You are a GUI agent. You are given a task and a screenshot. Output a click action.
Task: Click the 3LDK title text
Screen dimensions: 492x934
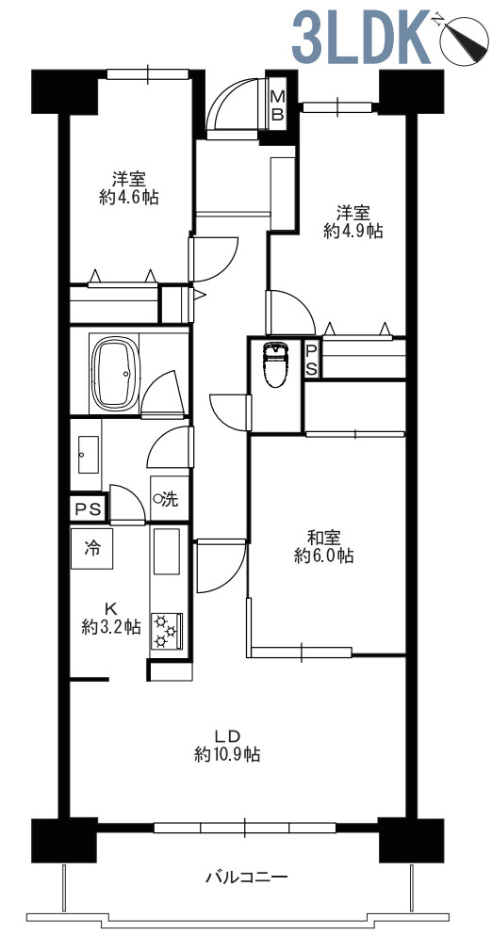tap(360, 37)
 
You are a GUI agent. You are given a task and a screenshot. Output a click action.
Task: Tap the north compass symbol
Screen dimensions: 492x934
tap(463, 39)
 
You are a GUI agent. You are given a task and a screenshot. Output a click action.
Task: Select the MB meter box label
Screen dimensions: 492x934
tap(277, 105)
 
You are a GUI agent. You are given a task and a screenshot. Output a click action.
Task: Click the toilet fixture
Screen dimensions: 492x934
tap(275, 364)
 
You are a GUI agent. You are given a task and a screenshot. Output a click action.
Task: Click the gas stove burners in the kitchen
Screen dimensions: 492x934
tap(166, 630)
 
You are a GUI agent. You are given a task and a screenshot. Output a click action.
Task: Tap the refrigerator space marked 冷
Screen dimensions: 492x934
tap(91, 548)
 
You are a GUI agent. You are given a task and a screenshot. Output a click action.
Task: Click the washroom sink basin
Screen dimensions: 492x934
tap(88, 455)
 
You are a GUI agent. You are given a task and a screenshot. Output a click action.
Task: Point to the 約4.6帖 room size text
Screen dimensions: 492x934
tap(129, 197)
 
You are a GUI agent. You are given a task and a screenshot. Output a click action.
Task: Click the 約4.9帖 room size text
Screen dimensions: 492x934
tap(353, 230)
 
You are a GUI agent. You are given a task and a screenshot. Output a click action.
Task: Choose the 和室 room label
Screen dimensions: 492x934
tap(324, 538)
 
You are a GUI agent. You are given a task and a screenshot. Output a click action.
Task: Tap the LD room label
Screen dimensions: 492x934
tap(226, 735)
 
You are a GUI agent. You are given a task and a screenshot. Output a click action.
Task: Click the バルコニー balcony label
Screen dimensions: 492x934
tap(247, 877)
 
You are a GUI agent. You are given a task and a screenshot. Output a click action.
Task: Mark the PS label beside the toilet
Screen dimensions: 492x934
tap(311, 359)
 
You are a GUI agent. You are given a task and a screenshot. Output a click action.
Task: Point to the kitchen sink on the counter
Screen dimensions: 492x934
tap(167, 551)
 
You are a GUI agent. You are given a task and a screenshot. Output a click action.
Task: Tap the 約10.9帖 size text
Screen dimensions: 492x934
tap(226, 755)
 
